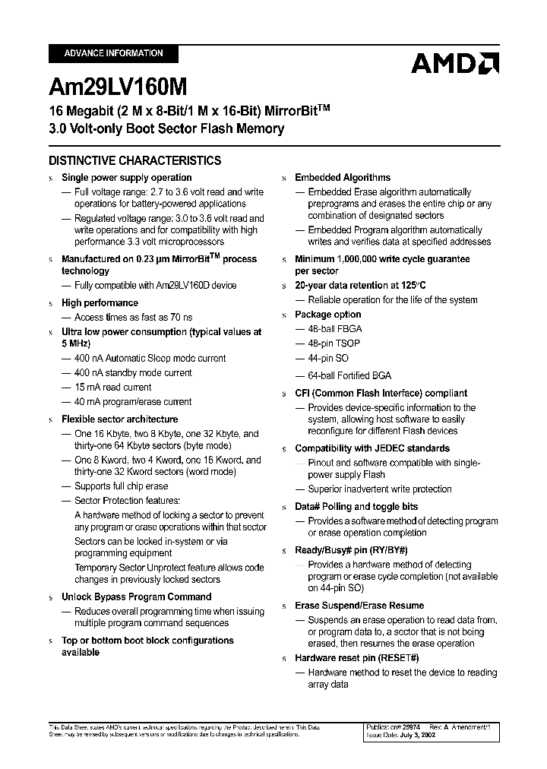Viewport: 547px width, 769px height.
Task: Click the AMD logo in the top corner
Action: tap(454, 63)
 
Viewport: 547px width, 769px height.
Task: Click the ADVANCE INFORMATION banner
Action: tap(113, 53)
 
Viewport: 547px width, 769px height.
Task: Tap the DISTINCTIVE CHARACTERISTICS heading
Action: tap(134, 160)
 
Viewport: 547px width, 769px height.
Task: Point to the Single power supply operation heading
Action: tap(126, 178)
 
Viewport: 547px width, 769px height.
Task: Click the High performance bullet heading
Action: tap(100, 302)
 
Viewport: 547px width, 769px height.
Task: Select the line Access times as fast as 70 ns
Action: tap(133, 317)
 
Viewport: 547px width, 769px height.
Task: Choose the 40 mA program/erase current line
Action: tap(132, 401)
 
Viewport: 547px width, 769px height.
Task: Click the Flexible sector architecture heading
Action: tap(119, 419)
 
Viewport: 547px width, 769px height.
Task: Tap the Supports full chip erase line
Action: tap(121, 486)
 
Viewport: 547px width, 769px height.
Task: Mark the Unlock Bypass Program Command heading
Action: tap(136, 597)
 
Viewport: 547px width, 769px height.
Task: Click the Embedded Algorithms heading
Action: tap(343, 177)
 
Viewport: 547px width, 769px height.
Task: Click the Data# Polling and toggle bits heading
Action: tap(356, 506)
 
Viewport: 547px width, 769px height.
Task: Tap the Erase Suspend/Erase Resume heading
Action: tap(359, 605)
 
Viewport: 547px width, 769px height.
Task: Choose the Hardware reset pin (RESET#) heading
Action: tap(357, 657)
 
